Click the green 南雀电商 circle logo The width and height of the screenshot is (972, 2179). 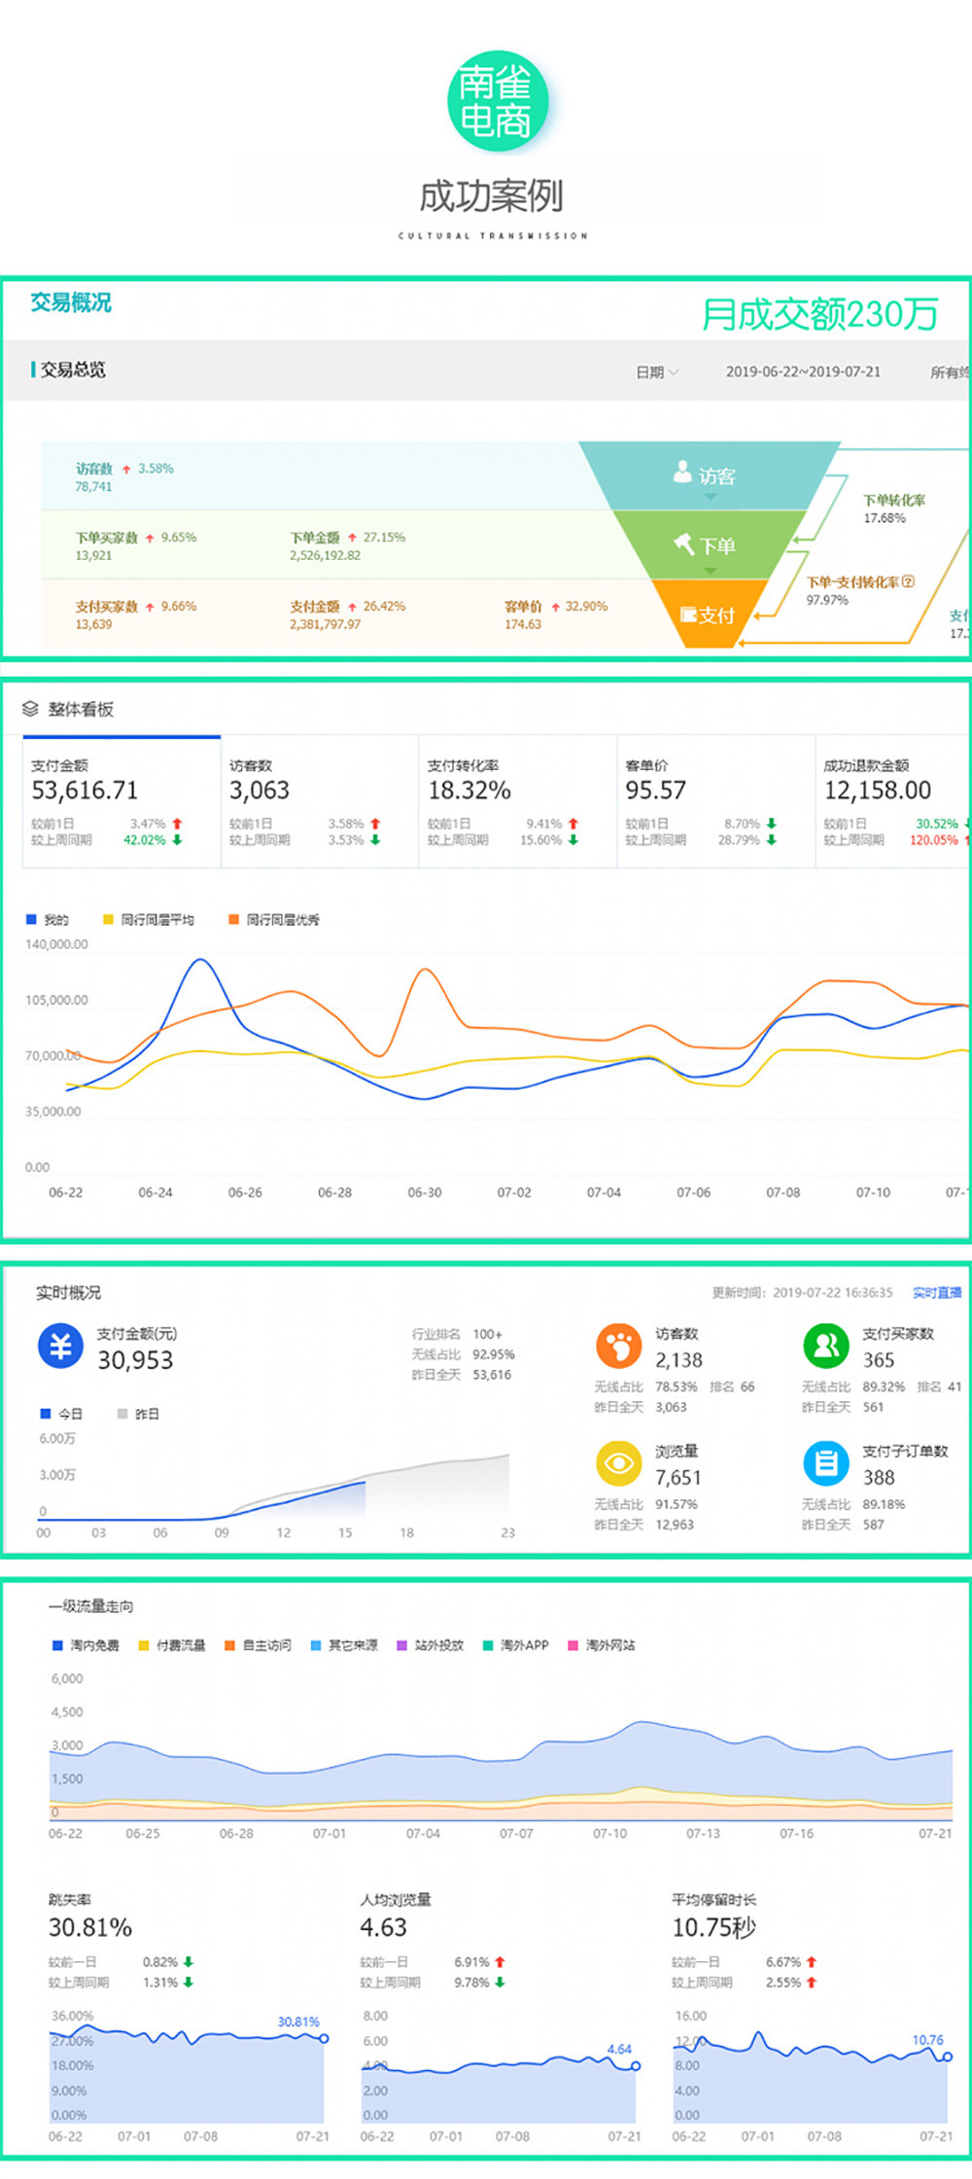(x=498, y=101)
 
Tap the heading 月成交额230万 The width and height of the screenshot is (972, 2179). (x=819, y=314)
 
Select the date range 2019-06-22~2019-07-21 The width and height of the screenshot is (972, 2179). (x=803, y=371)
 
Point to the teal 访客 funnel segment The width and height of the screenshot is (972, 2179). (x=709, y=475)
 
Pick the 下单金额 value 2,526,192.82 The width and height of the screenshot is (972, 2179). (x=325, y=555)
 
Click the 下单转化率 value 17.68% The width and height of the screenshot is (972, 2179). (x=885, y=518)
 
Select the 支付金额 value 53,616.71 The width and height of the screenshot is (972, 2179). (x=85, y=791)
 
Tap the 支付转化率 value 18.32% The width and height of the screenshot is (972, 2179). (x=469, y=791)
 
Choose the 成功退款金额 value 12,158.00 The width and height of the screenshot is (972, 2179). (x=877, y=791)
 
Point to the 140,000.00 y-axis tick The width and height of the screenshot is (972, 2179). (x=56, y=944)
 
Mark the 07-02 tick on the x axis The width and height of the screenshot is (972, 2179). (x=514, y=1192)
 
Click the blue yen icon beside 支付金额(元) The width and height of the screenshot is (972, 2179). (x=61, y=1347)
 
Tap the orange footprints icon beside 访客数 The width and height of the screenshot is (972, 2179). (x=619, y=1347)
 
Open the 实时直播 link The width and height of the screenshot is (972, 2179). (x=937, y=1292)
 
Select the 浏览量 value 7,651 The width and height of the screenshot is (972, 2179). (x=677, y=1477)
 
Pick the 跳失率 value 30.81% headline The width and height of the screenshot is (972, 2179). (x=90, y=1927)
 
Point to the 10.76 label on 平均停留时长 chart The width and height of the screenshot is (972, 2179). (x=927, y=2039)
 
